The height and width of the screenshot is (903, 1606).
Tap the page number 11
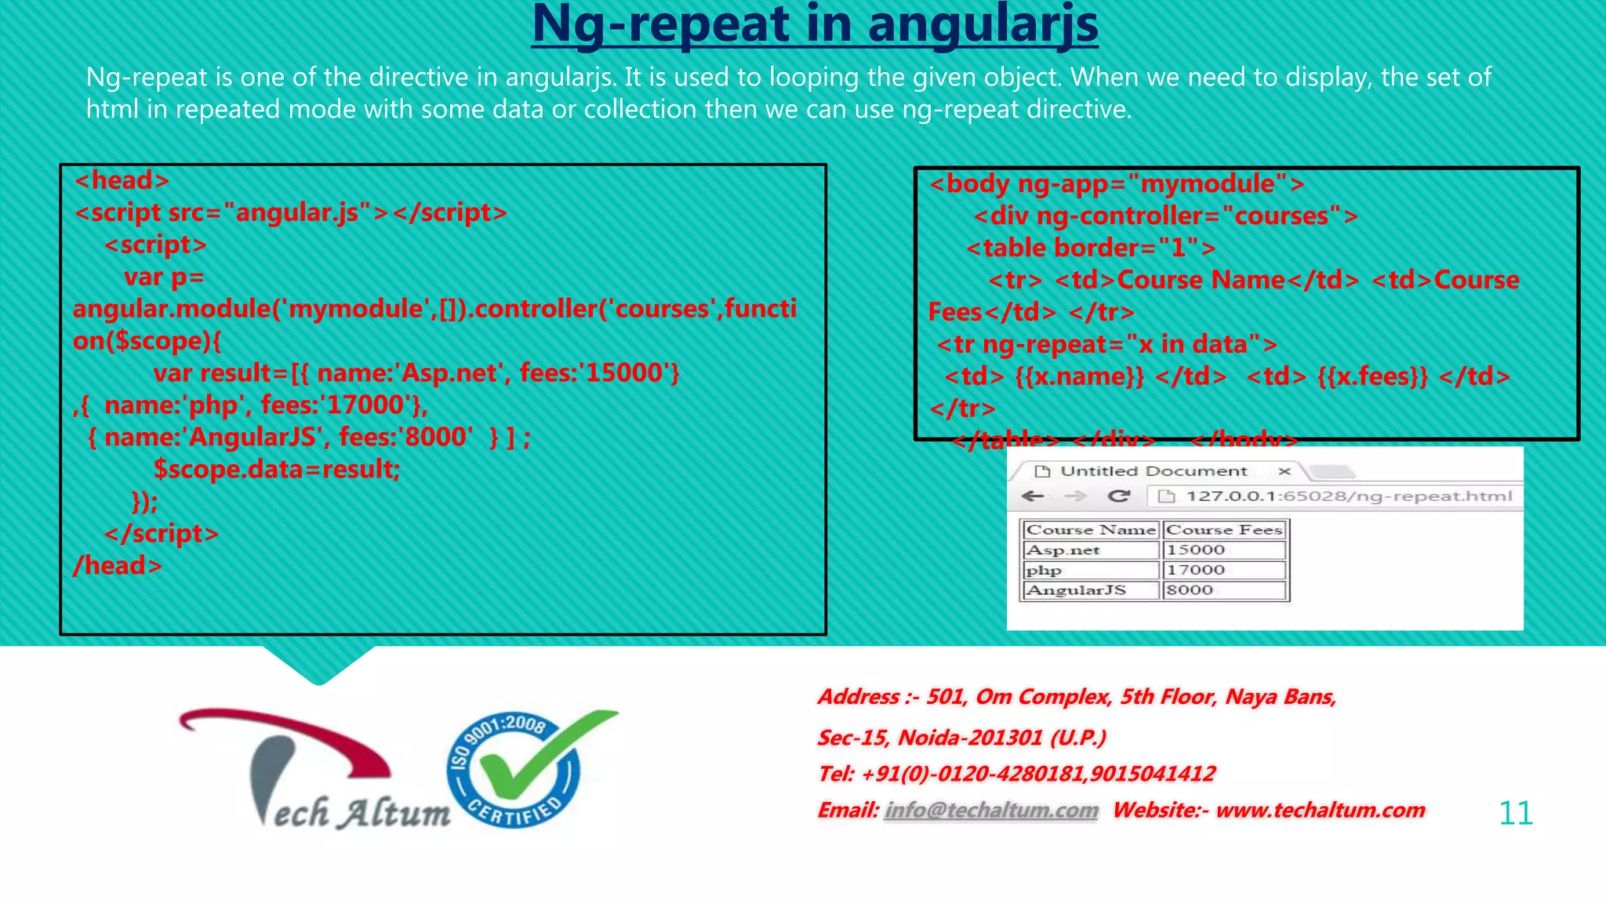coord(1515,813)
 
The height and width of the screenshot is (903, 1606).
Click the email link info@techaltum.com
coord(991,810)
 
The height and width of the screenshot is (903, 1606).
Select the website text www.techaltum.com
coord(1320,810)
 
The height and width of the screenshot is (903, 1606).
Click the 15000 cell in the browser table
coord(1195,550)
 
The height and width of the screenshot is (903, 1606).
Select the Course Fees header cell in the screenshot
coord(1224,530)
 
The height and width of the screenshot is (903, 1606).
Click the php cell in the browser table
coord(1044,571)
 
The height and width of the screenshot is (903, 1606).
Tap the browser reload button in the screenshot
coord(1119,495)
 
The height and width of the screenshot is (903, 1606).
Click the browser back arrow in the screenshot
coord(1034,495)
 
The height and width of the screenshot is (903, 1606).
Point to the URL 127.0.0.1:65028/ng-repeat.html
coord(1348,495)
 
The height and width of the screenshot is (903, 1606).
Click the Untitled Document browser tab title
coord(1153,471)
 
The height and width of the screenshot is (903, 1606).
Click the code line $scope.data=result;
coord(277,469)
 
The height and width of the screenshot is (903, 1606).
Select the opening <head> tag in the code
coord(122,180)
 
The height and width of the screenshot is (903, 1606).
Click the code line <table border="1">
coord(1091,248)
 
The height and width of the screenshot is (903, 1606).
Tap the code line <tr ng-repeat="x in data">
coord(1106,344)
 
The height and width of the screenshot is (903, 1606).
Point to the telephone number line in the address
coord(1016,774)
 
